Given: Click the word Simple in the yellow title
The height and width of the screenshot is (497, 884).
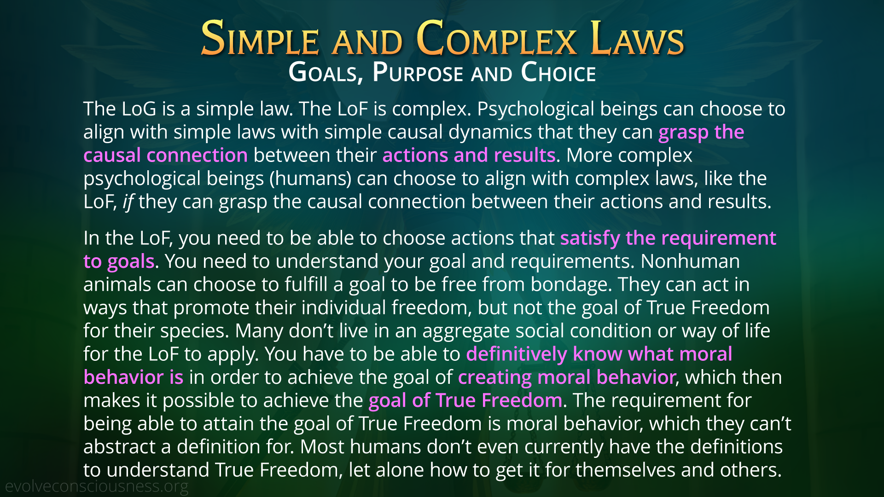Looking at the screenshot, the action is [260, 39].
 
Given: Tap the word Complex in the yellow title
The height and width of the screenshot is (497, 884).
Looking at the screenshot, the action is [496, 39].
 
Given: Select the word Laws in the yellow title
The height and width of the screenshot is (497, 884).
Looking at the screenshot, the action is [637, 39].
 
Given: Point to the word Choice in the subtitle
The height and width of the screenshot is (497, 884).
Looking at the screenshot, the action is [558, 73].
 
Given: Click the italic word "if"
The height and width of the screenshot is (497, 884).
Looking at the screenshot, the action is [128, 202].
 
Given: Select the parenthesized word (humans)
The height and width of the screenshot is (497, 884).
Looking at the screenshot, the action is [311, 179].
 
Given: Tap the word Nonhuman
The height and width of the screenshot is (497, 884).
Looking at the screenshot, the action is [690, 261].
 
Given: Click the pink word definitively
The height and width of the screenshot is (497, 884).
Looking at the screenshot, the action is [517, 354].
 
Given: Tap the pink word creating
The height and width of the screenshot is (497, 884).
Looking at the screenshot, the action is [495, 378].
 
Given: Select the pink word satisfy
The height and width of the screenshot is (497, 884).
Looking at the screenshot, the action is [590, 238].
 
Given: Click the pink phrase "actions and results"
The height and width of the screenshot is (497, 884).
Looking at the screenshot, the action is [469, 156].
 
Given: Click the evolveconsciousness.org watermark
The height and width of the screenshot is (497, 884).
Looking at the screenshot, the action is [97, 486].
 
